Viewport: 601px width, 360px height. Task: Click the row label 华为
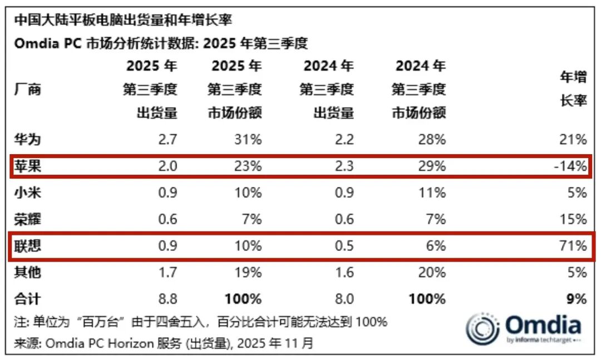[x=27, y=139]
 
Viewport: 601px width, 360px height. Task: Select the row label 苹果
[x=27, y=166]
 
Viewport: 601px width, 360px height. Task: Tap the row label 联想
[x=27, y=246]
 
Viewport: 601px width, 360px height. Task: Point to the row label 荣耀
[x=27, y=219]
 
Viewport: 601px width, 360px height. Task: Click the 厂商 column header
[x=27, y=90]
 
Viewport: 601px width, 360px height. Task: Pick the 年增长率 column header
[x=573, y=90]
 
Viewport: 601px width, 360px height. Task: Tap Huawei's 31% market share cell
[x=248, y=139]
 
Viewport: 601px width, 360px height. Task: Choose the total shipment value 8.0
[x=342, y=299]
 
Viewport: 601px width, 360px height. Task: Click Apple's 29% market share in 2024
[x=432, y=166]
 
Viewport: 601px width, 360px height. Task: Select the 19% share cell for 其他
[x=248, y=273]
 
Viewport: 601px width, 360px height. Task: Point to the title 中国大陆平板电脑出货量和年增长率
[x=122, y=21]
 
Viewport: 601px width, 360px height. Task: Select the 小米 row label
[x=27, y=193]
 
